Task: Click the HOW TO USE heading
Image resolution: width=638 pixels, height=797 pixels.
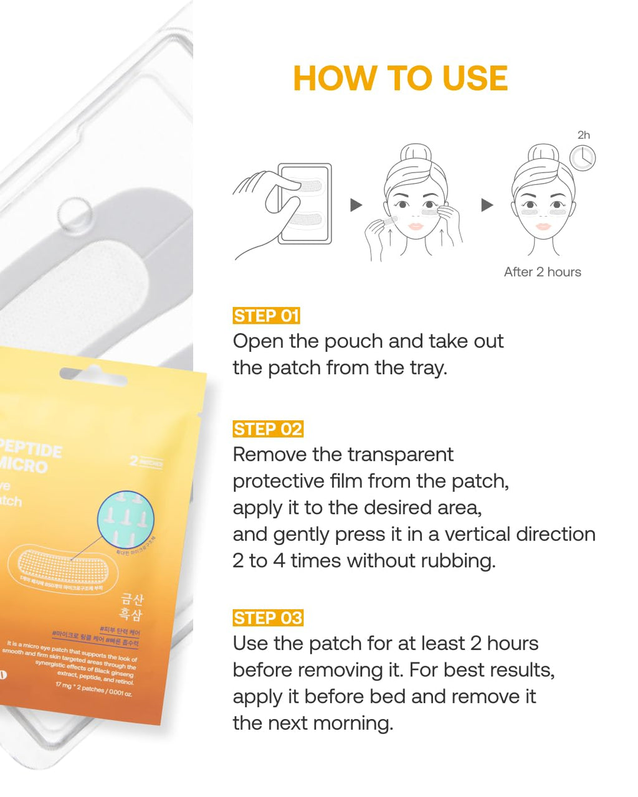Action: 400,78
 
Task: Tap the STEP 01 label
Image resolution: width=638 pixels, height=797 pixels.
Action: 266,316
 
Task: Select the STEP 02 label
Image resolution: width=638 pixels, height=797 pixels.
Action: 267,429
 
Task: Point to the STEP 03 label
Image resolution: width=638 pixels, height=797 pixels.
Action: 267,618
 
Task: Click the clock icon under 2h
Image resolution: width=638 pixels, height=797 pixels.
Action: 583,158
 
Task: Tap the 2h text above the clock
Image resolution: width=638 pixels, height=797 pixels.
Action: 583,135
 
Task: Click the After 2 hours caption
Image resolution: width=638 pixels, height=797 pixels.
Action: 542,272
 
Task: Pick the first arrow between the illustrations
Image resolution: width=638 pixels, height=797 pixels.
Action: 356,205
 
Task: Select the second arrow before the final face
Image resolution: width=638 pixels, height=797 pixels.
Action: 487,205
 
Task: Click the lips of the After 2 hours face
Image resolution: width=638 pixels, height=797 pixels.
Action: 543,226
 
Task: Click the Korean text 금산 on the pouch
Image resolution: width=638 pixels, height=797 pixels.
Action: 132,599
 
